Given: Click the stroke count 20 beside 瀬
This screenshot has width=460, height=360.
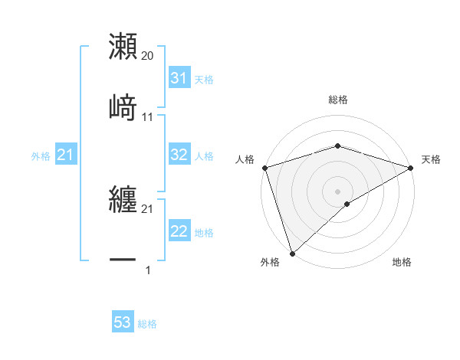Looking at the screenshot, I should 148,56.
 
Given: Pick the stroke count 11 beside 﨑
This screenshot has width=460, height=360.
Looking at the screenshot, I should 148,116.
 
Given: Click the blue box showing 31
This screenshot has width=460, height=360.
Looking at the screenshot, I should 179,78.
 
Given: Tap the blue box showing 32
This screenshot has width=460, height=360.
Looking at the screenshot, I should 179,155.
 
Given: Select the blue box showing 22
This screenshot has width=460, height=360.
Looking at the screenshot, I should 179,231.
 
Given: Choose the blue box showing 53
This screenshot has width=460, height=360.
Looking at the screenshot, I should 123,322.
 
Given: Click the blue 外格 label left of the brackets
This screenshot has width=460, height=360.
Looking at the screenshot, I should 41,156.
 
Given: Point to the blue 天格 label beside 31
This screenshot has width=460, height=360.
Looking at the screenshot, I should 204,79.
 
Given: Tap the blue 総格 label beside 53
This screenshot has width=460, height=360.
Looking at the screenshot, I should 147,324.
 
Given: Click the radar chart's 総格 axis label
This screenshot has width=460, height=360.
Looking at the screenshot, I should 338,100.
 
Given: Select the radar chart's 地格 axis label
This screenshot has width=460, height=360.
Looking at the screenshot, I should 402,262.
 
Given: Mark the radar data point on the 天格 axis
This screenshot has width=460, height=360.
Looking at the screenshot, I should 412,168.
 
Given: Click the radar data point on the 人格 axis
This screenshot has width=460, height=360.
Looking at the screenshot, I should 264,168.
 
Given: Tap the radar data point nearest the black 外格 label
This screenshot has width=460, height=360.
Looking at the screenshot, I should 292,254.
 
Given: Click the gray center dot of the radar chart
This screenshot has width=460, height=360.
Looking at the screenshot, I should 338,191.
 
